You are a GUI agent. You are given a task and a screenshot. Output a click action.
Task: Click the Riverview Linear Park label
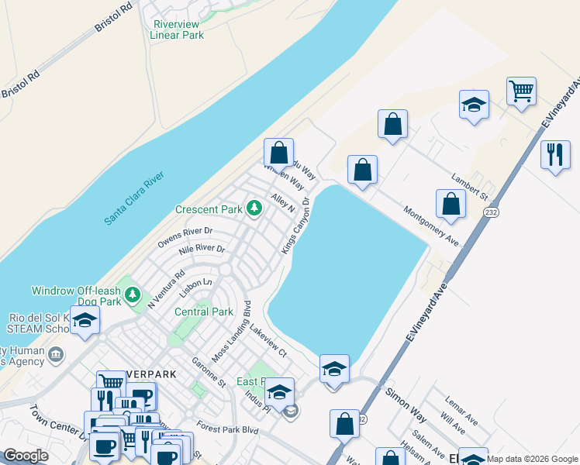click(176, 29)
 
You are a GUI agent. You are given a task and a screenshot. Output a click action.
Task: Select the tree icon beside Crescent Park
click(254, 208)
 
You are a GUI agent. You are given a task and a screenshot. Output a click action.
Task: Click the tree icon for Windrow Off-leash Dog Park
click(133, 294)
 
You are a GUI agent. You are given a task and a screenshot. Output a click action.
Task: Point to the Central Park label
click(204, 312)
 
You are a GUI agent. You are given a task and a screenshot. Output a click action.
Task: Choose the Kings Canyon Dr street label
click(295, 225)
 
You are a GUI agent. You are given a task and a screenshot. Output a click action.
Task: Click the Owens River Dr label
click(185, 236)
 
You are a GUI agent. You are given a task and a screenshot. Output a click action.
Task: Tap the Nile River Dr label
click(201, 250)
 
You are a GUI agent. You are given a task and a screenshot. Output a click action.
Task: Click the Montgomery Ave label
click(430, 227)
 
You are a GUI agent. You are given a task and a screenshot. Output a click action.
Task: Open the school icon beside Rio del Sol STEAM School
click(85, 320)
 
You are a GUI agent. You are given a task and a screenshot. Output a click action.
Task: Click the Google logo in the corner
click(26, 456)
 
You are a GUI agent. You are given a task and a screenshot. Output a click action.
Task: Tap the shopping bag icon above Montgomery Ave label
click(451, 205)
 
